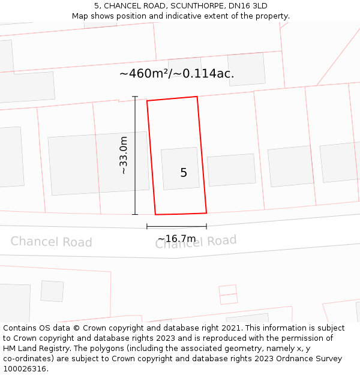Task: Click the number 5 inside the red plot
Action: pos(184,173)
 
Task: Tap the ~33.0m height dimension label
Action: pos(124,155)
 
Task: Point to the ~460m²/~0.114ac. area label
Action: pos(176,74)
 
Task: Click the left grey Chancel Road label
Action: pos(52,242)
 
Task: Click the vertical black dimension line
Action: pos(135,155)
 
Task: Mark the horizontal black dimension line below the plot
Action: pos(176,226)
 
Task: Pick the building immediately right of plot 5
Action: pos(232,170)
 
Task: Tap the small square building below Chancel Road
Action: pos(52,291)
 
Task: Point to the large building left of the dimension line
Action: pos(98,163)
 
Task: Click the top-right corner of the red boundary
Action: pos(197,97)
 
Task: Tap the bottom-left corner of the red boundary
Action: pos(155,214)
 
